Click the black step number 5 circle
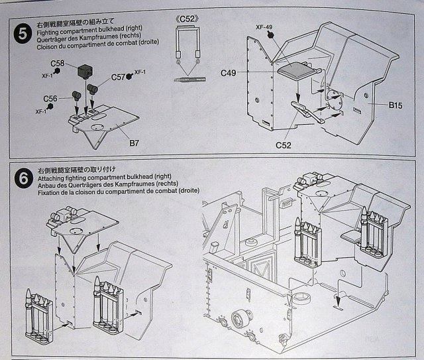click(23, 34)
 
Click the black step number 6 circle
click(24, 179)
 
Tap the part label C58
click(58, 64)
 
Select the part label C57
click(118, 77)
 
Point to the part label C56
click(50, 99)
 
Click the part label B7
click(134, 143)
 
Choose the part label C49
click(229, 73)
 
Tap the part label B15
click(396, 105)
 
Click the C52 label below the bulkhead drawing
click(284, 145)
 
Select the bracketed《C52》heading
click(187, 19)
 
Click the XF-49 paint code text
click(264, 27)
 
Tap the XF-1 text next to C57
click(140, 72)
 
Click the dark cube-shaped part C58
click(85, 71)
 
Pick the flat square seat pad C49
click(297, 70)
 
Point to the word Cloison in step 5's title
click(46, 47)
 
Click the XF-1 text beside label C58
click(47, 76)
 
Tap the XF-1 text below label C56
click(41, 111)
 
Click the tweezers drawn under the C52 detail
click(190, 80)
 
